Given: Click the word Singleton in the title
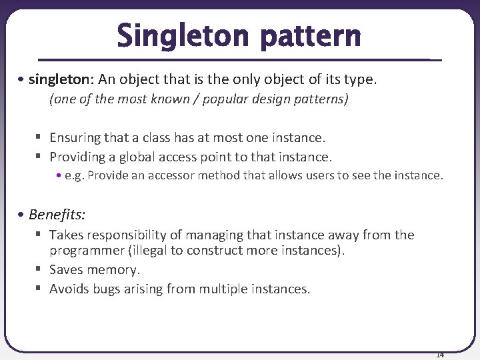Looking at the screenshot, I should pyautogui.click(x=184, y=36).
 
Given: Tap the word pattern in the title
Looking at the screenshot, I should pyautogui.click(x=311, y=37).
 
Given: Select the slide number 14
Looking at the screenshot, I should pyautogui.click(x=440, y=354).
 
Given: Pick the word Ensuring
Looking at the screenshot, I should pyautogui.click(x=75, y=138).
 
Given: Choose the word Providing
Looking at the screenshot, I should pyautogui.click(x=77, y=157).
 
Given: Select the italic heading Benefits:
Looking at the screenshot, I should pyautogui.click(x=57, y=215).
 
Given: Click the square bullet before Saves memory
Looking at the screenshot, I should pyautogui.click(x=40, y=269).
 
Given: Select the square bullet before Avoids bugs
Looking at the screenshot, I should pyautogui.click(x=40, y=288).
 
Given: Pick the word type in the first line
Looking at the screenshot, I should pyautogui.click(x=361, y=80).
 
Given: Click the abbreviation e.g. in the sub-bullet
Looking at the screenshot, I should pyautogui.click(x=74, y=175).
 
